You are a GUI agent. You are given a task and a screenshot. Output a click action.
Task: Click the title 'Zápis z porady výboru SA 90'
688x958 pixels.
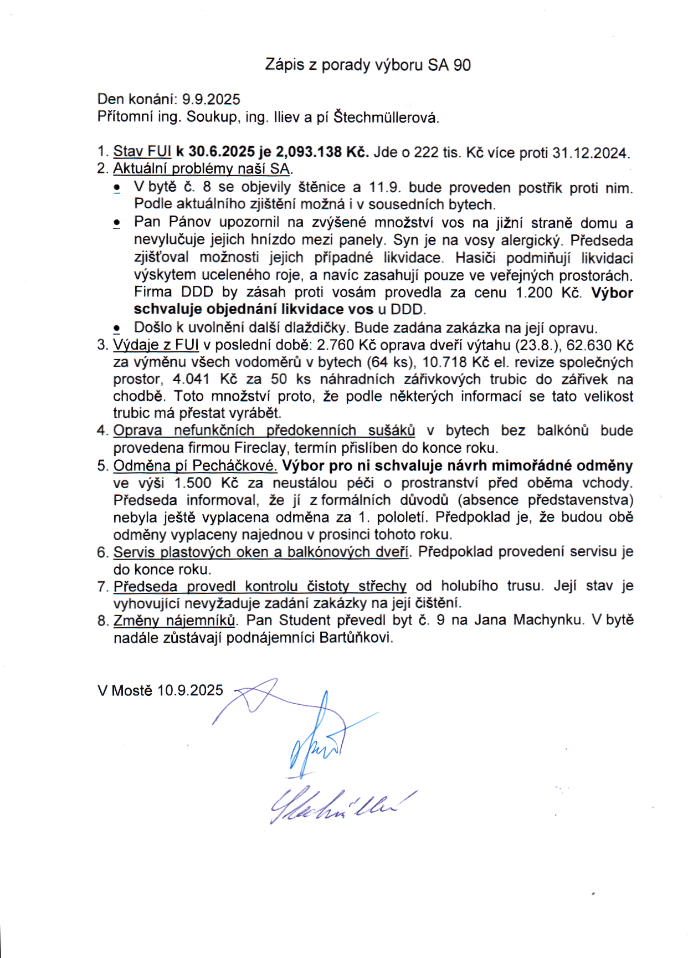[x=368, y=65]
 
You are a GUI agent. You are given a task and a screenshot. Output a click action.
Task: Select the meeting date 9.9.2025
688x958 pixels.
[x=211, y=100]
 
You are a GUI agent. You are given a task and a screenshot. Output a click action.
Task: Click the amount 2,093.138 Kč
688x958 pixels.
[x=322, y=152]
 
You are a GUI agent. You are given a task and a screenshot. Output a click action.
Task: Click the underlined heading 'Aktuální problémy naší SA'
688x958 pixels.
[x=202, y=168]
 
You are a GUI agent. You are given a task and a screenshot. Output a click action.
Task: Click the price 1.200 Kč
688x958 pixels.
[x=548, y=293]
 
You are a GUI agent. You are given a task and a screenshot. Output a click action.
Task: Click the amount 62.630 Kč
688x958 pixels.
[x=600, y=345]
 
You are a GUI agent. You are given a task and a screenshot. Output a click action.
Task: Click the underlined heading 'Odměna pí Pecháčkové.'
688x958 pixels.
[x=195, y=465]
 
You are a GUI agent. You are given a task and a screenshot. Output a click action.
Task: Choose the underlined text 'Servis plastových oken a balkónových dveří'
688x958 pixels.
[x=261, y=552]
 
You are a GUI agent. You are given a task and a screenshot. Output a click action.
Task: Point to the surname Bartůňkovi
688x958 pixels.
[x=356, y=637]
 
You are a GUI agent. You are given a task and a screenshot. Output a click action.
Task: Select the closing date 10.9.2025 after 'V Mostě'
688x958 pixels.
[x=190, y=690]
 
